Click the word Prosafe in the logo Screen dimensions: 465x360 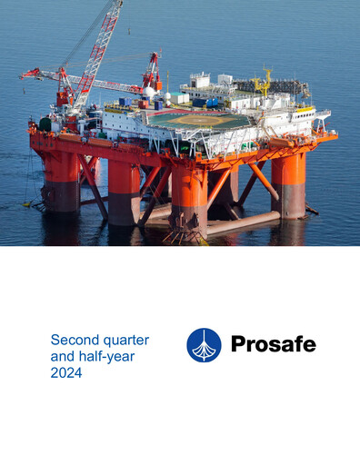tap(273, 345)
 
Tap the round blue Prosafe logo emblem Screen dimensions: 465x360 tap(204, 345)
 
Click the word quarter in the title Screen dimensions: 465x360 tap(126, 340)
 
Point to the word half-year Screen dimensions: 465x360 tap(106, 356)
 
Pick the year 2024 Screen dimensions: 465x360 tap(66, 372)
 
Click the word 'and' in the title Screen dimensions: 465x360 tap(63, 356)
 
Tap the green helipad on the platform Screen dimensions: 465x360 tap(197, 120)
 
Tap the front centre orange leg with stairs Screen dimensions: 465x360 tap(189, 195)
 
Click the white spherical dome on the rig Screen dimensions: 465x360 tap(151, 92)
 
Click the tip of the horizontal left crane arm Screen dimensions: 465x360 tap(24, 73)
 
